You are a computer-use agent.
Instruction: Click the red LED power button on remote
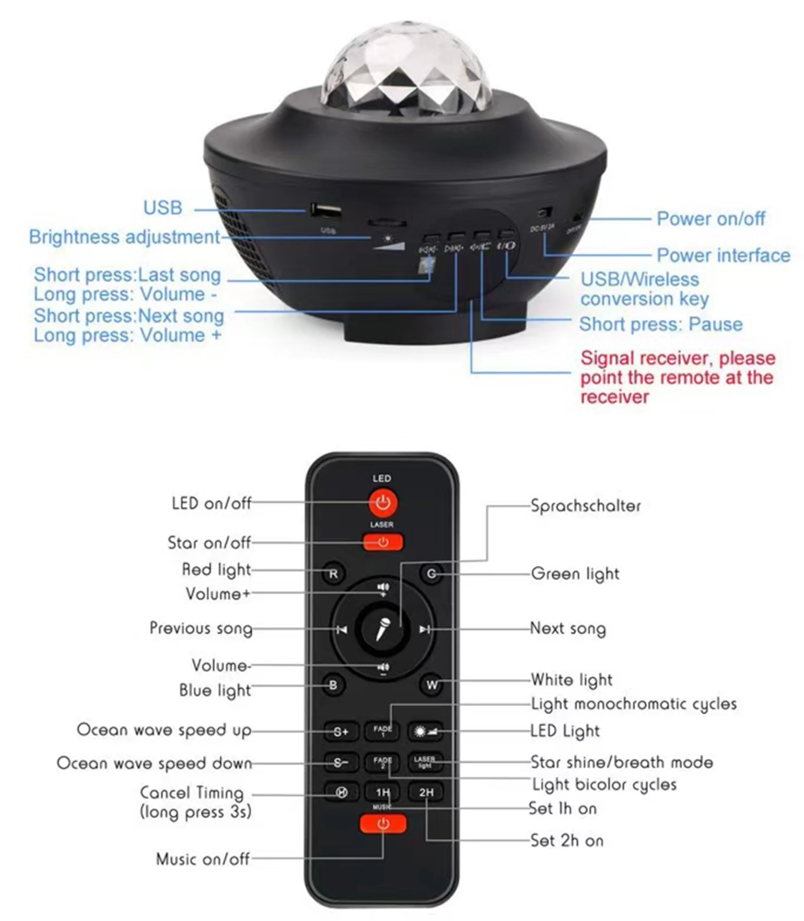[383, 502]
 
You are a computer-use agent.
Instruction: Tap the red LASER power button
[383, 542]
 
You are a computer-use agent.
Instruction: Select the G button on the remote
[431, 574]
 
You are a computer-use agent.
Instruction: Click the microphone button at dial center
[383, 628]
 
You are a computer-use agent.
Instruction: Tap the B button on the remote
[333, 685]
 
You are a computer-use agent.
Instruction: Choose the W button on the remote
[432, 685]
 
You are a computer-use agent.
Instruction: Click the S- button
[340, 763]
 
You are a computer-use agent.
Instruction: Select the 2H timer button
[426, 793]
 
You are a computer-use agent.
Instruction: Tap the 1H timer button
[382, 793]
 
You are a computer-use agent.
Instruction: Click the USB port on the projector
[325, 210]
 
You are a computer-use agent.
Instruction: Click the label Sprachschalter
[585, 506]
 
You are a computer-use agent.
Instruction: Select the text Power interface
[723, 255]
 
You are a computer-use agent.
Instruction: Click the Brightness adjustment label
[125, 237]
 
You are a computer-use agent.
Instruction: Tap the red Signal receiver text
[677, 377]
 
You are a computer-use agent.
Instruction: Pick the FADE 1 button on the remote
[382, 731]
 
